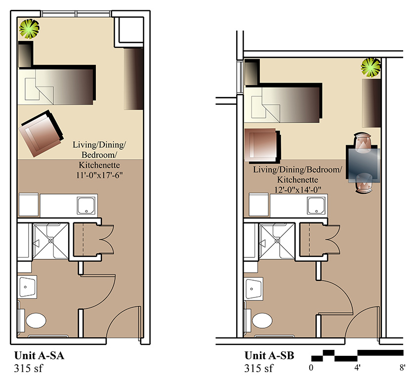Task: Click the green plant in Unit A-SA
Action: (x=29, y=29)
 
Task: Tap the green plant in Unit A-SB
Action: (x=371, y=67)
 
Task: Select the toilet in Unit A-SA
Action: (x=36, y=320)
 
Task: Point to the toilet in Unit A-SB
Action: (x=262, y=320)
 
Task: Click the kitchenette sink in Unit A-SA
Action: (x=86, y=206)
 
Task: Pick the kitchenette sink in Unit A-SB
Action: (x=316, y=206)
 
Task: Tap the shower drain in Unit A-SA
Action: (x=51, y=241)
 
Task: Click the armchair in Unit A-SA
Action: (x=41, y=133)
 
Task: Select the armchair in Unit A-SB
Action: (x=262, y=145)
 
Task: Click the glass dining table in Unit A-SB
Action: (x=364, y=166)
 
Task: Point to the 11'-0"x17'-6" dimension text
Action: (x=99, y=175)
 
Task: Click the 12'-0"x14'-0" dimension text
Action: (x=298, y=190)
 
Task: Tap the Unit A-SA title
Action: (x=39, y=355)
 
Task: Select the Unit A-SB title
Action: (x=269, y=355)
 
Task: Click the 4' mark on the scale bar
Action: (x=357, y=368)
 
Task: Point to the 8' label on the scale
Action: (x=402, y=368)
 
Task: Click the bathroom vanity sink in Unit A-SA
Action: (x=27, y=287)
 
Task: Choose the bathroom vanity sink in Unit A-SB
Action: (x=253, y=289)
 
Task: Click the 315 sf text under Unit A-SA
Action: (x=28, y=368)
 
